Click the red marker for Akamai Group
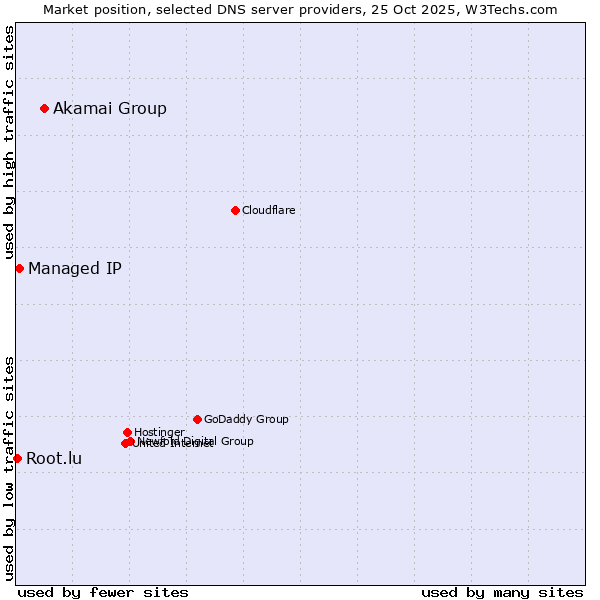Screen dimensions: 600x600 44,108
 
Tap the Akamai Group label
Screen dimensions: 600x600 110,108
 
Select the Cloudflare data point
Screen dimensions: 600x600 235,210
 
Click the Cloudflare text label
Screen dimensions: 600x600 269,210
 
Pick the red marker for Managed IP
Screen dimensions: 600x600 19,268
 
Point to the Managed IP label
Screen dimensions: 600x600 75,268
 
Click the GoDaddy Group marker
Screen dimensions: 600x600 197,419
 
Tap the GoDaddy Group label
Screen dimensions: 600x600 246,419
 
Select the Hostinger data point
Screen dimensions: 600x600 127,432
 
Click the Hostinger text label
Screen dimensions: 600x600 159,432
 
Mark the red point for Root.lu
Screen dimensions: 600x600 17,458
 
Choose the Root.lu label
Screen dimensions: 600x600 54,459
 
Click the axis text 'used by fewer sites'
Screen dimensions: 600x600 103,592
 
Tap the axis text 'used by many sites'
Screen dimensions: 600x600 502,592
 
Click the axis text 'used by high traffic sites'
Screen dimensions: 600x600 9,142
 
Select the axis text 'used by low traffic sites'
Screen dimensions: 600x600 9,467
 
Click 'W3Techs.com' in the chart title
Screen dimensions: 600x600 515,9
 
